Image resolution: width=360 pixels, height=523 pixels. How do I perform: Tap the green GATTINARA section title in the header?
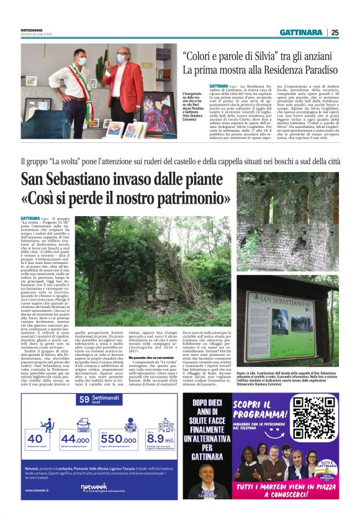click(300, 32)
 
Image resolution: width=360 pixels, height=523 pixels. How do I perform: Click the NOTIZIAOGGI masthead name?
click(32, 29)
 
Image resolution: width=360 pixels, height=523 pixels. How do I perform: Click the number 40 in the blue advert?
click(35, 439)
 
